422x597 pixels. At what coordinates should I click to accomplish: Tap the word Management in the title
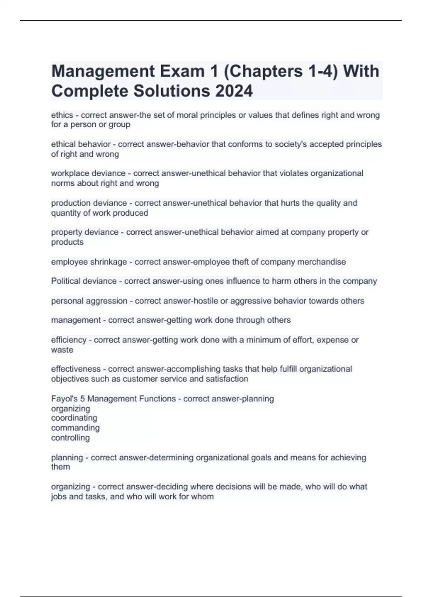103,71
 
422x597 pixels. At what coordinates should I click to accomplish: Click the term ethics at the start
62,115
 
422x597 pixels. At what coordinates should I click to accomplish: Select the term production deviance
89,203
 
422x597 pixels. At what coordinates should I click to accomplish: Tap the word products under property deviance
67,242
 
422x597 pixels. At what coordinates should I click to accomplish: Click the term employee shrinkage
89,262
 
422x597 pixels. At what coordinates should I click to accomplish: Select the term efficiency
69,340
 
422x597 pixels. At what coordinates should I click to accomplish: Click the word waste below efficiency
62,350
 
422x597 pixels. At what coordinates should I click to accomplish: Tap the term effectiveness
76,369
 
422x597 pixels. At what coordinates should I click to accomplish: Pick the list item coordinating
74,418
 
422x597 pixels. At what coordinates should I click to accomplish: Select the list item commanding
75,428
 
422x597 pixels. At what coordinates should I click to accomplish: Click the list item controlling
70,438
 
